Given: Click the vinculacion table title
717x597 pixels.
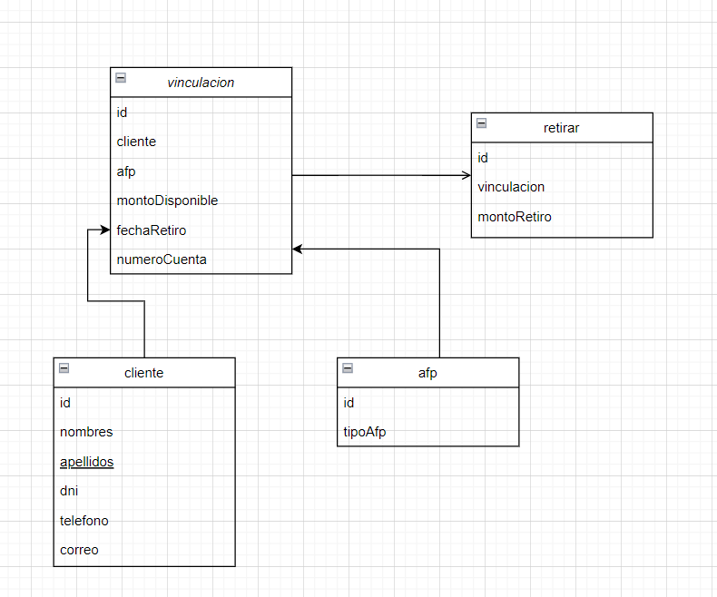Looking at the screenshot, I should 201,83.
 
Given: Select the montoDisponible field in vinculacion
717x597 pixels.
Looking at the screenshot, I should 167,201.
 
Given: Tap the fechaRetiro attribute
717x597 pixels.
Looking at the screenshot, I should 152,230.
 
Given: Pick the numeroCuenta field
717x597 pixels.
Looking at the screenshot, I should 162,259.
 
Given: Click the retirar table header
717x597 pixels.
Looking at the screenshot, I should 561,128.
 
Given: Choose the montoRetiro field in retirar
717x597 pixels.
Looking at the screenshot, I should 514,217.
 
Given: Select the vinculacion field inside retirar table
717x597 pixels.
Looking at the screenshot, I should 511,187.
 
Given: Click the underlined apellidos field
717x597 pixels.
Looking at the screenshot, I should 86,462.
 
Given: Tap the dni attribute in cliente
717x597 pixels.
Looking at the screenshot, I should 69,491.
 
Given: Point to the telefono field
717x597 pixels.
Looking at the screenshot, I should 83,521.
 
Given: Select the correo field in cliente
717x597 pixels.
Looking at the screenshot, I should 79,550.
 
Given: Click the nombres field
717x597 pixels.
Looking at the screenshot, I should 86,432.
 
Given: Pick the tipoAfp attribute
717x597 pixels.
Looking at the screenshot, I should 365,432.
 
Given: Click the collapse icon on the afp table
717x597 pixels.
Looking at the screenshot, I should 348,368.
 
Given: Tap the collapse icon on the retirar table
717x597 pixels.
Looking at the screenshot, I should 481,123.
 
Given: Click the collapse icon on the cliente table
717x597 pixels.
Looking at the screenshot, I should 64,368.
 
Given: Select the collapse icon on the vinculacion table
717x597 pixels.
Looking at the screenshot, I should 121,78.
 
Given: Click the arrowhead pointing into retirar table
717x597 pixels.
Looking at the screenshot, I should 466,174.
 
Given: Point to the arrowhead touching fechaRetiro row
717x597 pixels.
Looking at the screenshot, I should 105,230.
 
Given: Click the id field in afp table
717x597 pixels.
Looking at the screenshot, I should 349,403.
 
